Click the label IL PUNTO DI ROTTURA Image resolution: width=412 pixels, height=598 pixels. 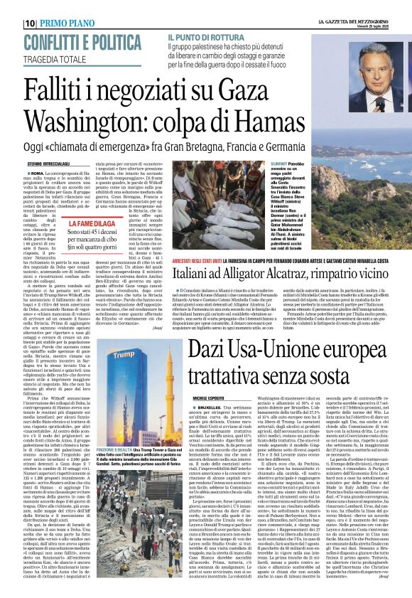(x=205, y=36)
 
